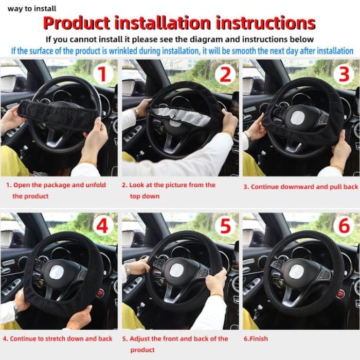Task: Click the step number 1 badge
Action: [x=103, y=74]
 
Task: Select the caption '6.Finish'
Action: [x=256, y=339]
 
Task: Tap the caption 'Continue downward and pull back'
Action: [x=301, y=187]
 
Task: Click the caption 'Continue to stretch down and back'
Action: [x=57, y=339]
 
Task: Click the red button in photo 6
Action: [x=340, y=293]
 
